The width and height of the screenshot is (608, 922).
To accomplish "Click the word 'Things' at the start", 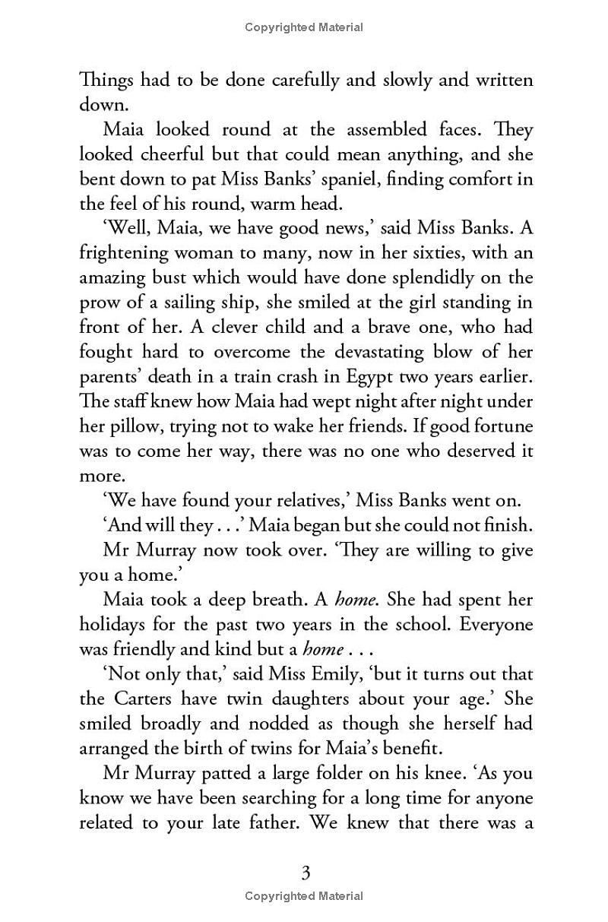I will [x=103, y=80].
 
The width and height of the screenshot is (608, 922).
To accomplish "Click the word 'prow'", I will [x=99, y=303].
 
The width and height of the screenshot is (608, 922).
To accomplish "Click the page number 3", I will [x=306, y=873].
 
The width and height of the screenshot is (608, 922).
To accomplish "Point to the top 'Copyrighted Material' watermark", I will [x=304, y=27].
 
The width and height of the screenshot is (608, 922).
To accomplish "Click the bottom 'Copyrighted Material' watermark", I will [x=304, y=897].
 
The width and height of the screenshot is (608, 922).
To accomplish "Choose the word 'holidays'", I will [x=114, y=624].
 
